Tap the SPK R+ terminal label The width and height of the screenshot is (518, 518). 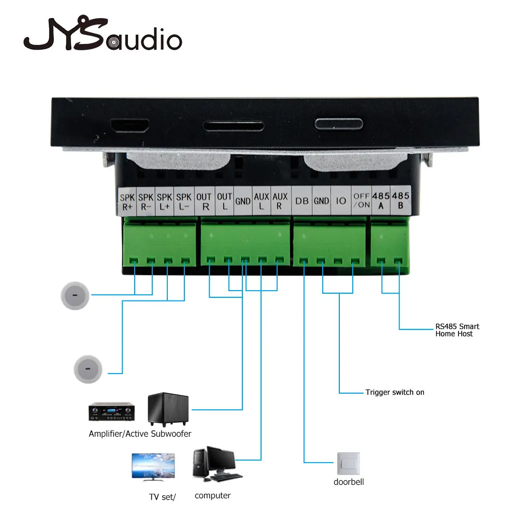click(x=127, y=202)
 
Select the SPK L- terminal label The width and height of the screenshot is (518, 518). click(x=184, y=202)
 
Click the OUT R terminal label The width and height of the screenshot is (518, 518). click(x=204, y=202)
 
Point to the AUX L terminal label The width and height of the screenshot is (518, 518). click(x=261, y=201)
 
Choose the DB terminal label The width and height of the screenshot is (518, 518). click(x=302, y=201)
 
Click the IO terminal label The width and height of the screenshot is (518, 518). click(x=341, y=200)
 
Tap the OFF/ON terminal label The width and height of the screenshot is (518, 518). click(x=362, y=200)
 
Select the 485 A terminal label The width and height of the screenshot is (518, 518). click(x=381, y=200)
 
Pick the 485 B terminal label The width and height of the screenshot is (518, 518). click(x=401, y=200)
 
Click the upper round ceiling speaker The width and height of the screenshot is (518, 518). click(x=75, y=296)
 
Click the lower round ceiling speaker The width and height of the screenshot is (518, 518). click(x=88, y=369)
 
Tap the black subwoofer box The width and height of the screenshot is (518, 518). click(x=168, y=409)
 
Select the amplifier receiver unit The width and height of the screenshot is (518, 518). click(x=112, y=411)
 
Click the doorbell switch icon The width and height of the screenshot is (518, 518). click(x=349, y=464)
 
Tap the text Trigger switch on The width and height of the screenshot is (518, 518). click(x=395, y=392)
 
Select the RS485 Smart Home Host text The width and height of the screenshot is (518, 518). click(x=457, y=330)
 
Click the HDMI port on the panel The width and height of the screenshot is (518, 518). click(x=130, y=125)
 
